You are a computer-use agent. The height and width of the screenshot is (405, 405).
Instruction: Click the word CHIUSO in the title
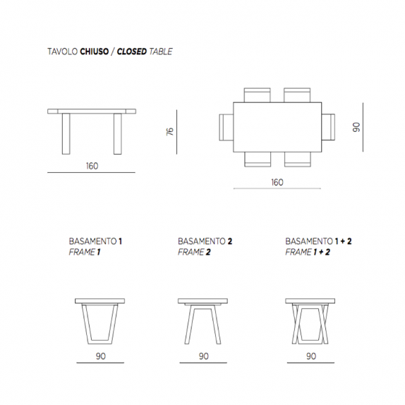(95, 52)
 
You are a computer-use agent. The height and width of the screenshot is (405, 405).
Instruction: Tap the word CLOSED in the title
(132, 52)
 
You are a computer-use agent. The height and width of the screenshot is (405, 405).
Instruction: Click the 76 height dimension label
(170, 131)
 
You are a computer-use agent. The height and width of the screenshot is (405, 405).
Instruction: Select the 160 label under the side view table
(92, 166)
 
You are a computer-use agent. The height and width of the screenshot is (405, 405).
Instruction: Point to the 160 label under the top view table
(277, 182)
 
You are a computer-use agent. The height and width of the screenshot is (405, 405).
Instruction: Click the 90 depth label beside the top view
(356, 127)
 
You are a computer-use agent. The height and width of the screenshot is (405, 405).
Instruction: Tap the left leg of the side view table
(66, 134)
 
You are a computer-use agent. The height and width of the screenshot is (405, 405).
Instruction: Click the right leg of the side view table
(118, 134)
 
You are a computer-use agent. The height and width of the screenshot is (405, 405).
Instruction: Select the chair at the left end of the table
(226, 127)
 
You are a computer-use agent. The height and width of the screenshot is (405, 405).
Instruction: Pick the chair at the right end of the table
(328, 127)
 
